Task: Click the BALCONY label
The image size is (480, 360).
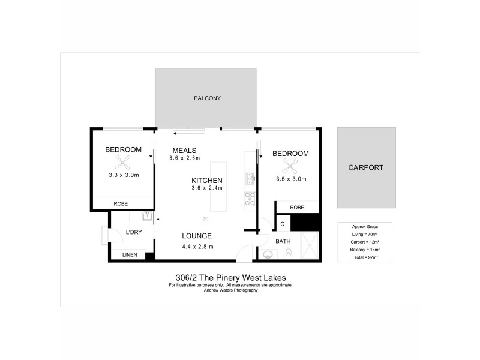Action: [207, 98]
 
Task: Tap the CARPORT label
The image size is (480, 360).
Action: [365, 167]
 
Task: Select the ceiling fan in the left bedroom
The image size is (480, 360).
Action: [124, 160]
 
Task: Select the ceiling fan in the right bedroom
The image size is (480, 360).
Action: [291, 165]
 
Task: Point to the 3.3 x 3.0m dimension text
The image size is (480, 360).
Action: [124, 176]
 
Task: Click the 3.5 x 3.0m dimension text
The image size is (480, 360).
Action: [291, 179]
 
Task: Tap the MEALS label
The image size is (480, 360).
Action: [184, 150]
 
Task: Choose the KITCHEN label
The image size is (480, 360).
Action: [207, 181]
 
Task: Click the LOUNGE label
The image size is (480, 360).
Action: [197, 236]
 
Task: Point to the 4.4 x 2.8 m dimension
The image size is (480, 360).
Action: [197, 246]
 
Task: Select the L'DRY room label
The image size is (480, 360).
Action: [133, 233]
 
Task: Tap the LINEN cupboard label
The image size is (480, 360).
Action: [130, 255]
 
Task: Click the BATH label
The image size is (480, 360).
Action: [283, 241]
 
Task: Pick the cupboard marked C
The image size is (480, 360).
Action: [282, 224]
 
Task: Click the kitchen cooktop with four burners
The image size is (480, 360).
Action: [250, 199]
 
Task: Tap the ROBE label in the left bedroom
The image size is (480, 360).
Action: [120, 204]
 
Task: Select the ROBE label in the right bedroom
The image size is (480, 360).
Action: [296, 208]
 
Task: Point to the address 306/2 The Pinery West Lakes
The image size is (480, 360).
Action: [231, 277]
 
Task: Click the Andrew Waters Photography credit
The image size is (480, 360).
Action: [231, 290]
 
